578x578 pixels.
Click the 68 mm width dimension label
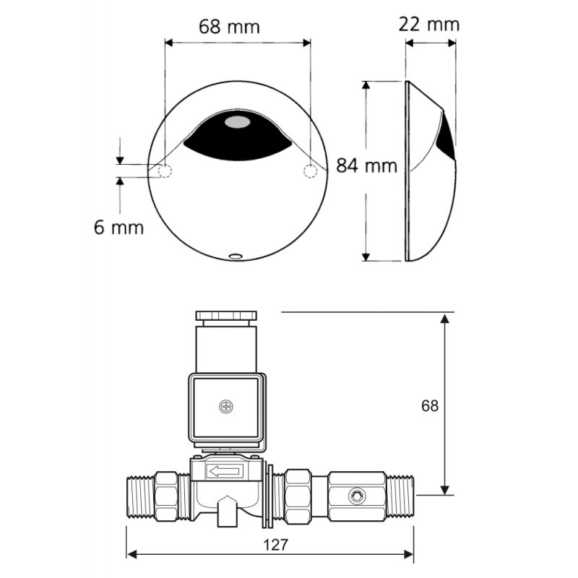coord(229,27)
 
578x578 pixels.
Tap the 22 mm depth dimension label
coord(428,25)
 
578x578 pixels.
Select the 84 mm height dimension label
coord(367,165)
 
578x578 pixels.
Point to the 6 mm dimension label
coord(118,227)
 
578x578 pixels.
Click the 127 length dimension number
coord(275,545)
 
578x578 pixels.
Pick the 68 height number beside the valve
coord(430,406)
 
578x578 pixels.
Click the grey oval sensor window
coord(238,122)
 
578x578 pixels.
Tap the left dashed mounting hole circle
coord(165,171)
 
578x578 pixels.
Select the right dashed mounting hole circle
coord(310,171)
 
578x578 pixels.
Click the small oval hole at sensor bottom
coord(236,256)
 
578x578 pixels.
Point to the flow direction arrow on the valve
coord(225,471)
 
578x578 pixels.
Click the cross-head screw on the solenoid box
coord(226,407)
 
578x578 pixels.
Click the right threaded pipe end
coord(400,495)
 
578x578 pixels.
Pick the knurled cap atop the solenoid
coord(225,316)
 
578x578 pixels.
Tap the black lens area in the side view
coord(447,137)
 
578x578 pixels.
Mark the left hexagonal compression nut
coord(166,496)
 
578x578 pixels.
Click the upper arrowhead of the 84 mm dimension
coord(366,85)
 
